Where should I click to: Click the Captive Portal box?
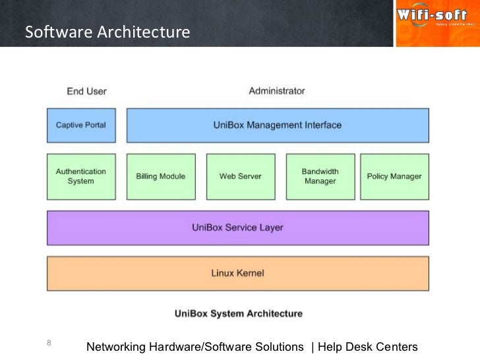click(x=81, y=125)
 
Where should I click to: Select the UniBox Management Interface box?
click(x=278, y=125)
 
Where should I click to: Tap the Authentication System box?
click(x=81, y=176)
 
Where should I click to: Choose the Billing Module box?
click(x=161, y=176)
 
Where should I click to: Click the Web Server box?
click(x=240, y=176)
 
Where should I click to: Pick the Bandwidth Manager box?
click(x=320, y=176)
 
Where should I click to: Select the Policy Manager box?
click(x=394, y=176)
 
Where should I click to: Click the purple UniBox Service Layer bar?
click(x=238, y=227)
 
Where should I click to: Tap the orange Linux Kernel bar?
click(x=238, y=272)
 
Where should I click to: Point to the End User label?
click(x=87, y=91)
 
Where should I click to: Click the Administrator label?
click(x=277, y=91)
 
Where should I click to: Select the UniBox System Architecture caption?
click(x=239, y=313)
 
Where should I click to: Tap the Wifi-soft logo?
click(x=436, y=23)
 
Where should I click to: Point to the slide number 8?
click(x=49, y=342)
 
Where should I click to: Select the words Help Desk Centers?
click(x=368, y=347)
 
